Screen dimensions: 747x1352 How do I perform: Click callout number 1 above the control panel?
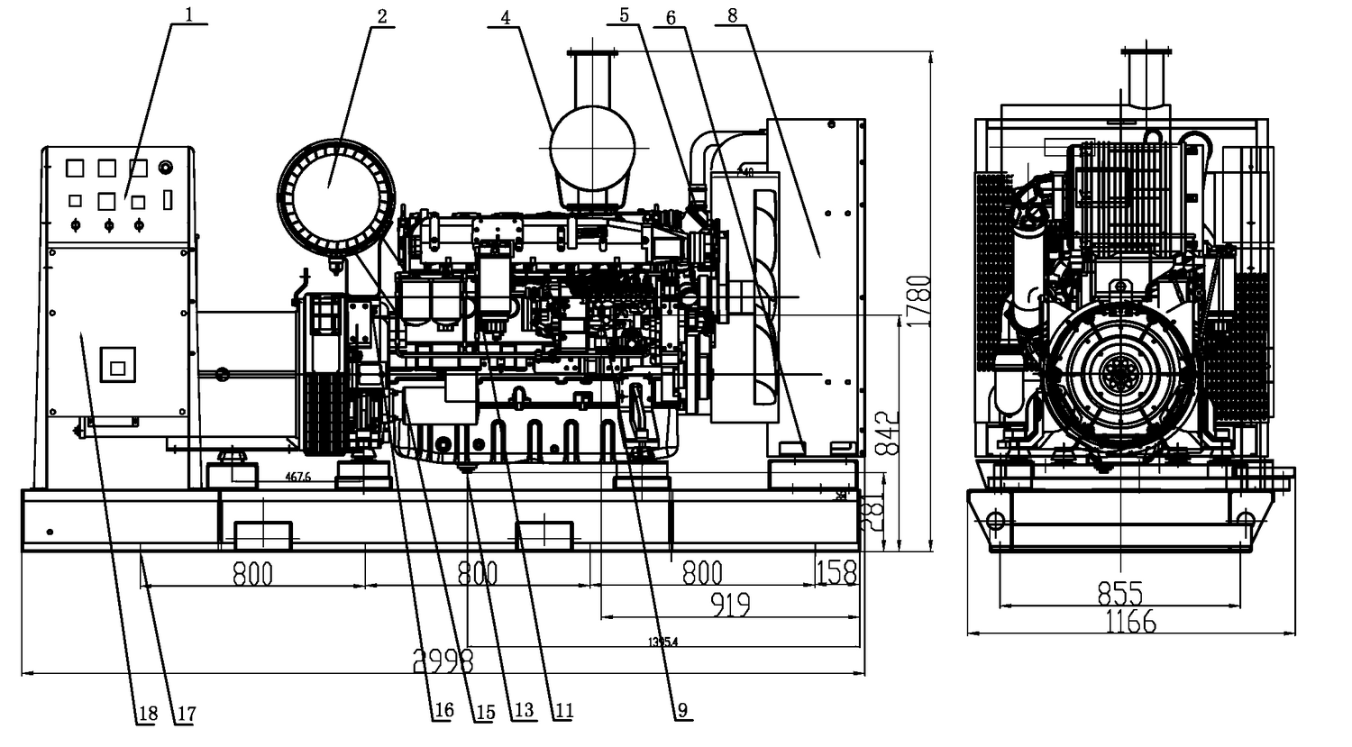click(189, 14)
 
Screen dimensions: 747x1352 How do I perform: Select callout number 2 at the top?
click(382, 16)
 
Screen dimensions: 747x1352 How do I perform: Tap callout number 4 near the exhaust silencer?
click(507, 16)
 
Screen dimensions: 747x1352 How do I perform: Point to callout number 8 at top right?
click(732, 14)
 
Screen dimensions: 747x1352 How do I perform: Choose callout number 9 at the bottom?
click(682, 711)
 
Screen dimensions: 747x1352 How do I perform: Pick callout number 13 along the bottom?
click(524, 711)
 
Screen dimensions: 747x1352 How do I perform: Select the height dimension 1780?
click(918, 303)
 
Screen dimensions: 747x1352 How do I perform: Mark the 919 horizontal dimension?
click(730, 605)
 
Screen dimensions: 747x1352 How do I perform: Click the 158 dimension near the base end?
click(836, 572)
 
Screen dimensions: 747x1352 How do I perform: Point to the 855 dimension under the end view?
click(1120, 592)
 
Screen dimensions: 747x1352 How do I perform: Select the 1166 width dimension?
click(1130, 621)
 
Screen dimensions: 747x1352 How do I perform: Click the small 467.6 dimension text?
click(297, 477)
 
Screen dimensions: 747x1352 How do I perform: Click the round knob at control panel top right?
click(165, 167)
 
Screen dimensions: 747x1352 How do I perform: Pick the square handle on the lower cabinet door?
click(117, 366)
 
